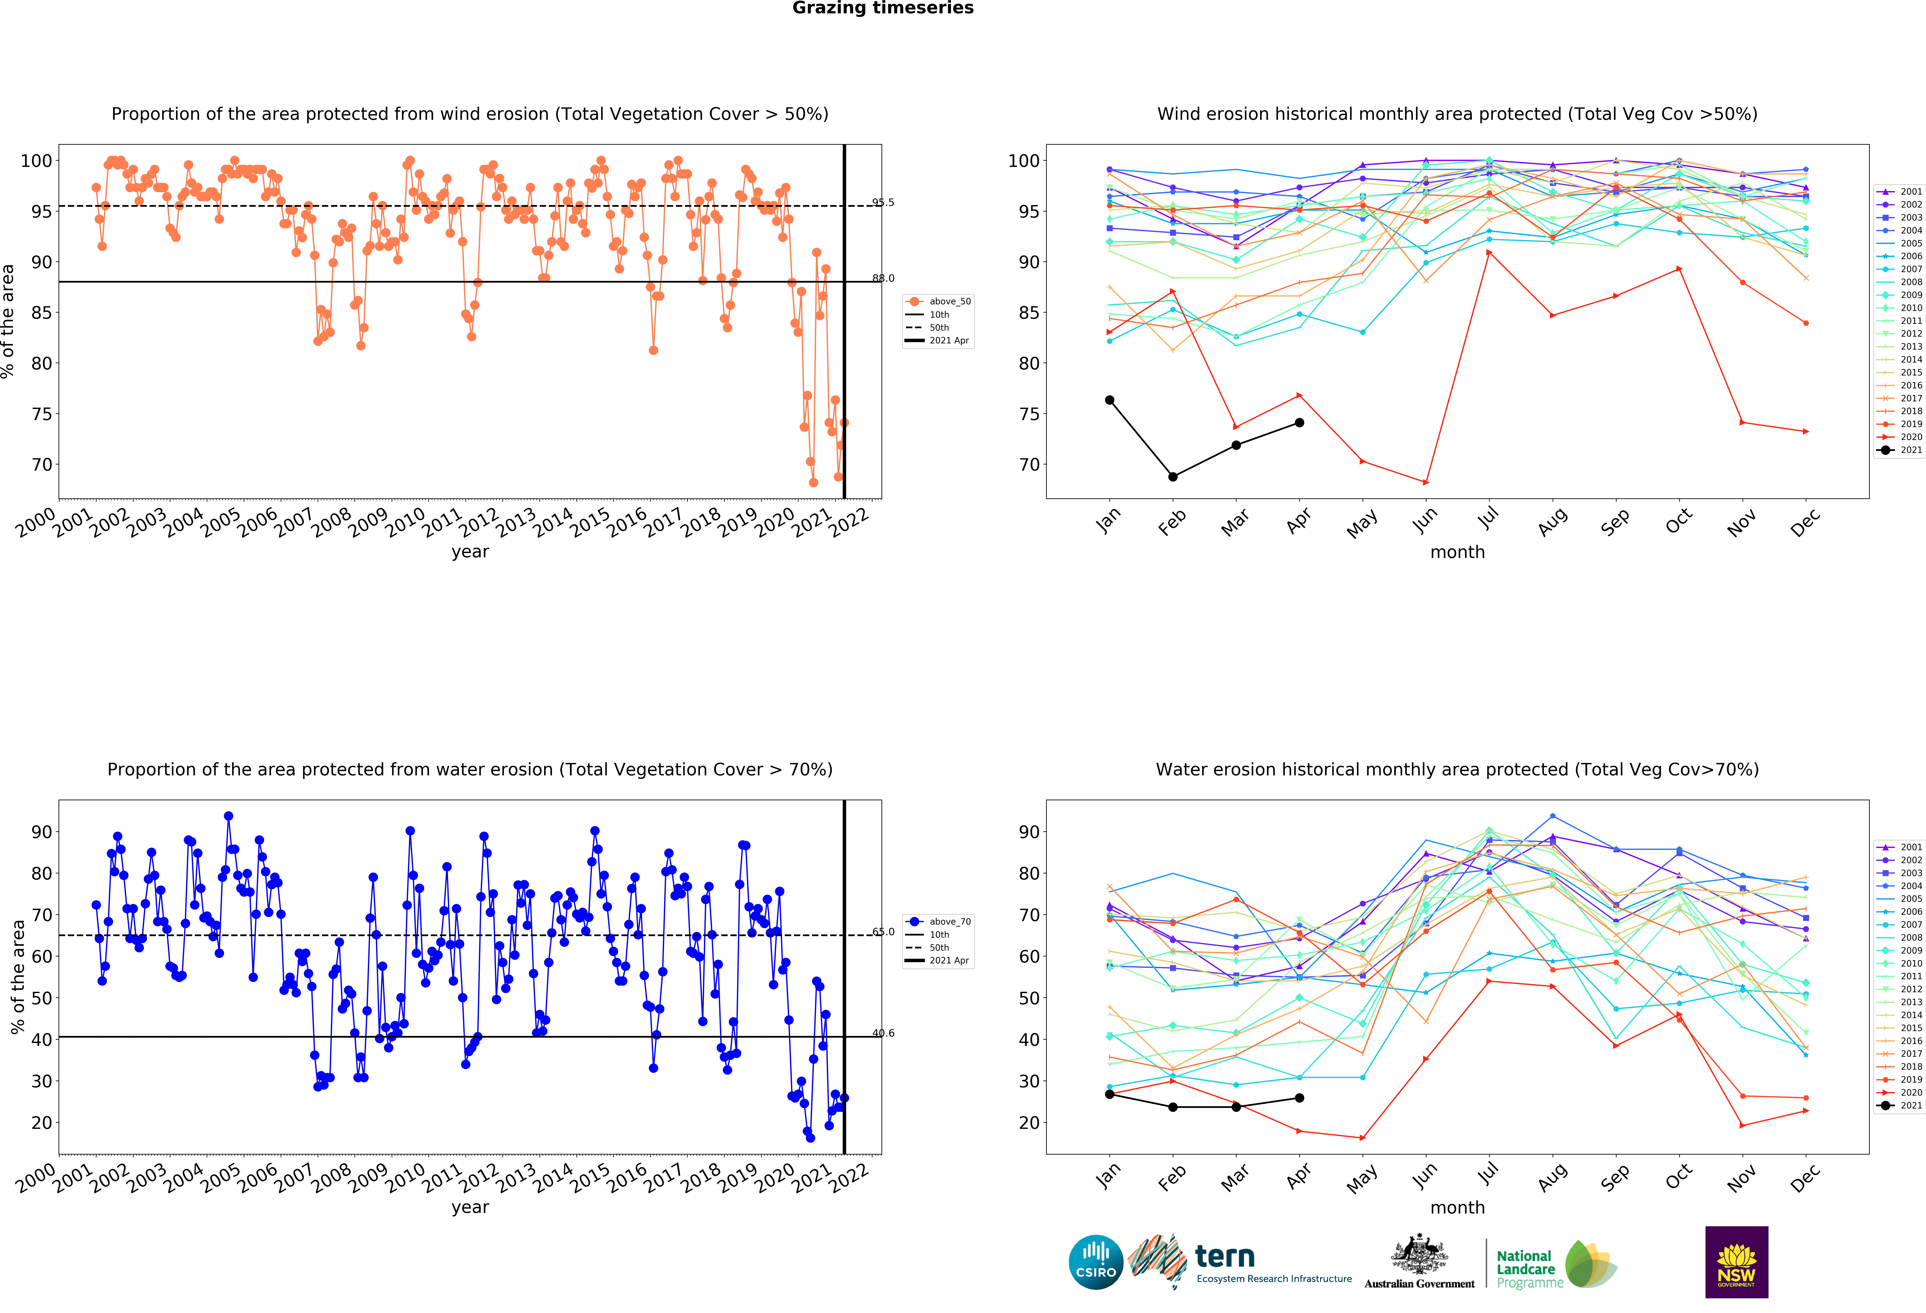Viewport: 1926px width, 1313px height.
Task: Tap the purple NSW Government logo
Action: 1736,1262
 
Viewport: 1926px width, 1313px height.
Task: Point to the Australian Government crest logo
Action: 1420,1262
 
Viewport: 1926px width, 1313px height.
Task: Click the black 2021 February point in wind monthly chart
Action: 1173,477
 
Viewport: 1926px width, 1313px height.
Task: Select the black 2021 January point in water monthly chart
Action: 1110,1094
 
